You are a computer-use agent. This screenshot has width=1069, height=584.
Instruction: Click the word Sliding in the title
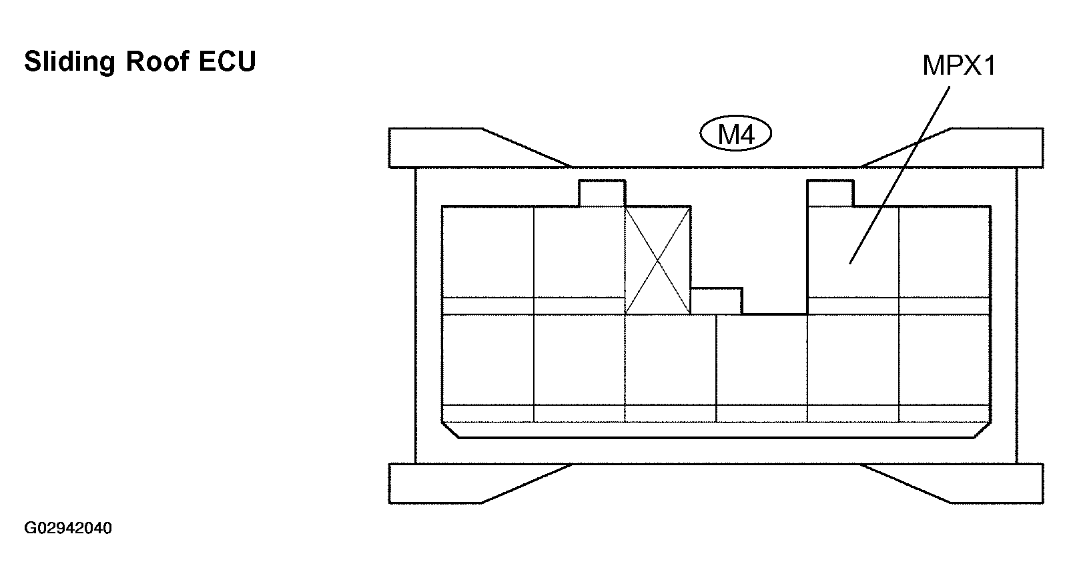69,62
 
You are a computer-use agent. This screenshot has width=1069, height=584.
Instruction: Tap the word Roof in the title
157,61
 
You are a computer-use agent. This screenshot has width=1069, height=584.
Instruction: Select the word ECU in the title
228,61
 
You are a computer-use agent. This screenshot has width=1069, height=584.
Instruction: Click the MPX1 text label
959,65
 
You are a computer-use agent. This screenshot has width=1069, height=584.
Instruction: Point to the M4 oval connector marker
735,133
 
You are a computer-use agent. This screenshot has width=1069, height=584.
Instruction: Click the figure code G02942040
68,528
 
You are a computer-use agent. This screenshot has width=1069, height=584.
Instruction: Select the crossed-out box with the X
658,260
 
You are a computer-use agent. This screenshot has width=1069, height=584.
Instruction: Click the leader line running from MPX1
900,175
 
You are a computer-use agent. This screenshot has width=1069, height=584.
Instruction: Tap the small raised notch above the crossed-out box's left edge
602,194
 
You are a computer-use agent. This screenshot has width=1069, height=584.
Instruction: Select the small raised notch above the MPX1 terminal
830,194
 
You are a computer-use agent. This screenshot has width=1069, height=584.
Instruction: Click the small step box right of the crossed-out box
716,301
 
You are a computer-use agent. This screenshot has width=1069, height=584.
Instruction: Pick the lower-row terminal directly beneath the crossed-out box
670,368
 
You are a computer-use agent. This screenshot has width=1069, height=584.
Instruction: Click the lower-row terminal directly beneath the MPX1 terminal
853,368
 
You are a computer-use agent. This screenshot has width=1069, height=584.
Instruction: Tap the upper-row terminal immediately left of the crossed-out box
579,260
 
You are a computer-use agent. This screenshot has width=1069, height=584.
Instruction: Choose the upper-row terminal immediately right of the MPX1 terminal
945,260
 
